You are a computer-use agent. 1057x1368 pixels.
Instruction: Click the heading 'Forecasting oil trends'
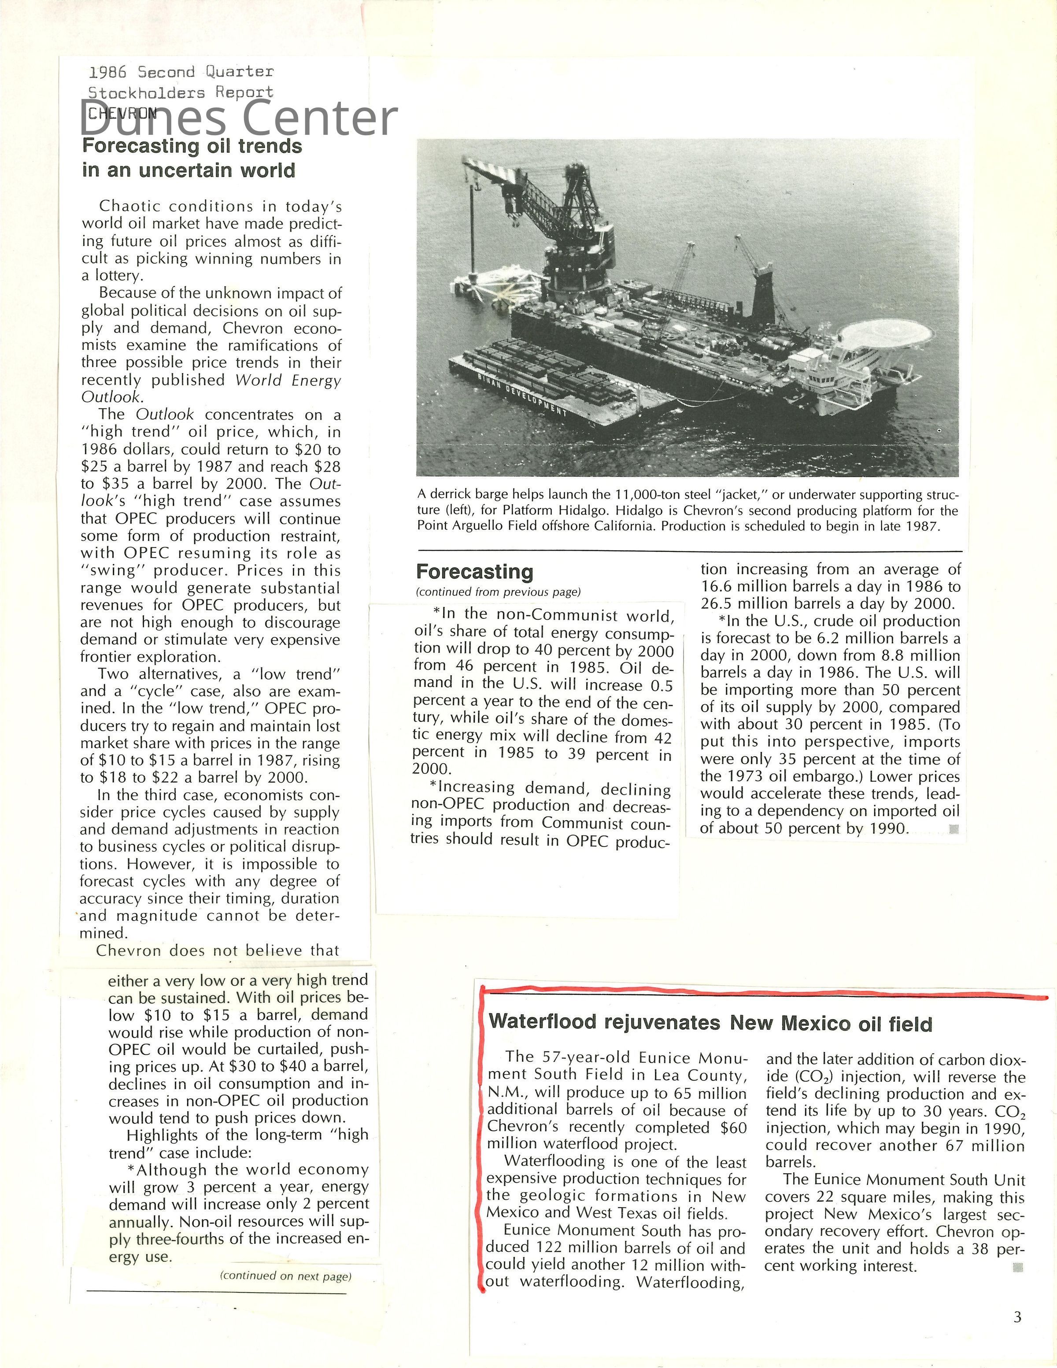tap(192, 146)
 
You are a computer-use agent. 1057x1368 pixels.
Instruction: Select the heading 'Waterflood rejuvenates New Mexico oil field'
tap(710, 1023)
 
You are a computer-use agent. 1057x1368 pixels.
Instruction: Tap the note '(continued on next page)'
tap(285, 1276)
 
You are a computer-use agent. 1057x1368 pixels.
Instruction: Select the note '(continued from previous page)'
tap(498, 592)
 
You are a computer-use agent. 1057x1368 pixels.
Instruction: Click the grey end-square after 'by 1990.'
tap(954, 829)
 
